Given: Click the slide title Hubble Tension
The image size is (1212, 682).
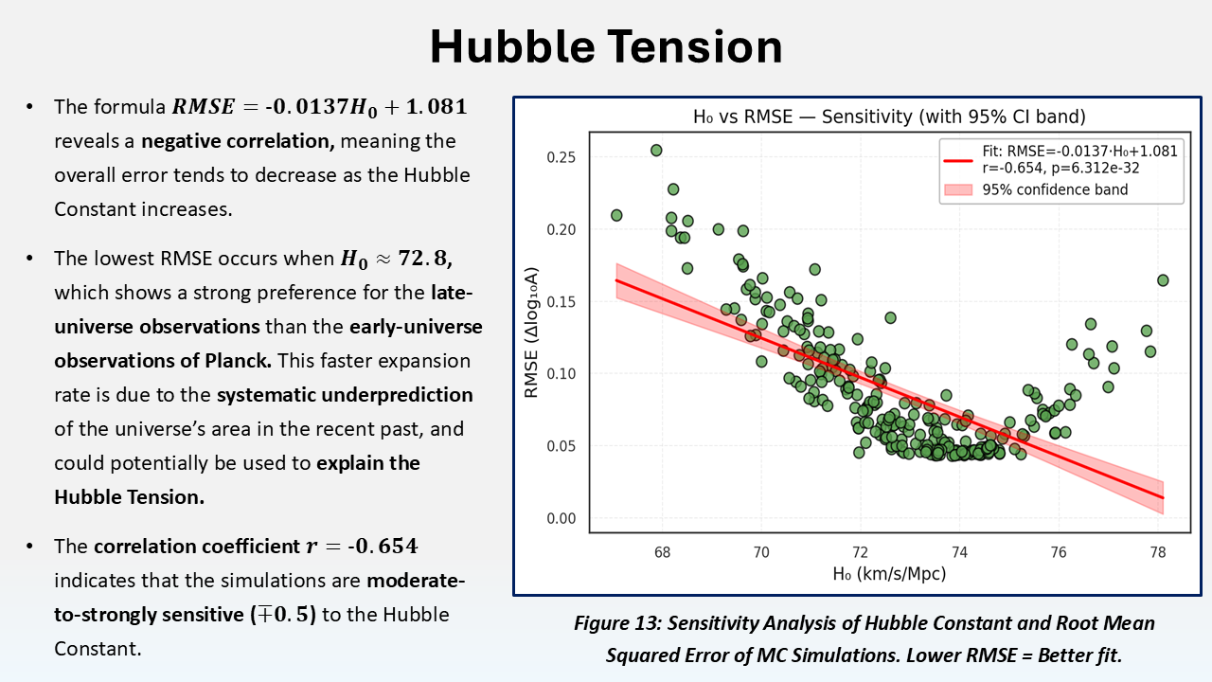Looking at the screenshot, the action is (606, 46).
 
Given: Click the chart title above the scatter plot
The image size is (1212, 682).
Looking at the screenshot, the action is (889, 117).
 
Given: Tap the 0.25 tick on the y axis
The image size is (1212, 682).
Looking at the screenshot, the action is (561, 157).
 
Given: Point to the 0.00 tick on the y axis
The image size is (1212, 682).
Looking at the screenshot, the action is (561, 518).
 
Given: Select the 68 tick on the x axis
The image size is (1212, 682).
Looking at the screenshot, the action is (662, 552).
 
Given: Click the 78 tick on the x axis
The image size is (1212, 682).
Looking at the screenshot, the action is (1158, 552).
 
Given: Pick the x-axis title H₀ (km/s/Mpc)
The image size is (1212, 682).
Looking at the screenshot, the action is (889, 574).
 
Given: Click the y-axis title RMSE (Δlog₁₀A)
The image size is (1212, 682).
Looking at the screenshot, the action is (532, 332).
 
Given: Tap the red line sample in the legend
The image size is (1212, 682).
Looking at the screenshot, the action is (958, 160).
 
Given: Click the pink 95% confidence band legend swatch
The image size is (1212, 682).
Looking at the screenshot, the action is (958, 189).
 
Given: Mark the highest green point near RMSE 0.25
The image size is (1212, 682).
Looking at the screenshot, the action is (656, 151).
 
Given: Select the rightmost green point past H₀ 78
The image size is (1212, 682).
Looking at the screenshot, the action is (1163, 280).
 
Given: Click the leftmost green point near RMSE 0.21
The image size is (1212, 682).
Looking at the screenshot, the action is (616, 215).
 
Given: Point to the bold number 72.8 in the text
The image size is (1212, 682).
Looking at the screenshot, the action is (425, 259).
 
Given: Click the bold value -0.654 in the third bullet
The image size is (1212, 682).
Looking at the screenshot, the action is (383, 547).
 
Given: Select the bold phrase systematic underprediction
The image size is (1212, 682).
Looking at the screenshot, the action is (345, 395).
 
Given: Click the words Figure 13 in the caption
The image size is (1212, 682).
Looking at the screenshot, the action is (616, 623).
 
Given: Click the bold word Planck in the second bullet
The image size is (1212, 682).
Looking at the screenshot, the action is (238, 361).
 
